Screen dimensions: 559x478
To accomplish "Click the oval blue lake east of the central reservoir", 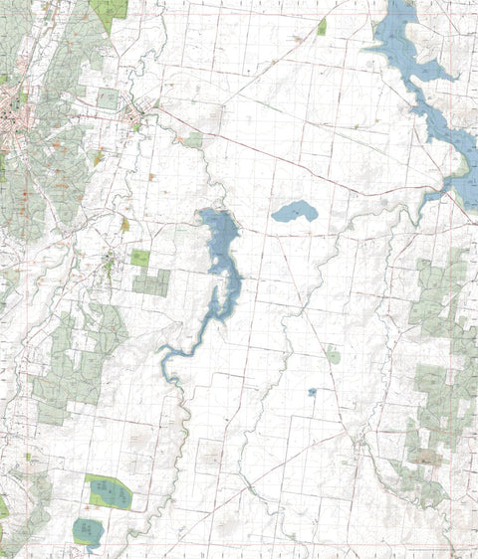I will pyautogui.click(x=295, y=211).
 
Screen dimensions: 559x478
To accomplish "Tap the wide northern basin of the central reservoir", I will pyautogui.click(x=221, y=233).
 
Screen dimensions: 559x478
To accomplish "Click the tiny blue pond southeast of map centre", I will pyautogui.click(x=312, y=392).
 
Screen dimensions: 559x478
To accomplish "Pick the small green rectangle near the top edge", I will pyautogui.click(x=322, y=26).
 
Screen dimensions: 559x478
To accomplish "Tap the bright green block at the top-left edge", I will pyautogui.click(x=110, y=9).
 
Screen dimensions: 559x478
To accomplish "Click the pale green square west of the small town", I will pyautogui.click(x=108, y=98).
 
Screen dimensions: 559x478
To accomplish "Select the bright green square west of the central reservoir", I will pyautogui.click(x=140, y=259).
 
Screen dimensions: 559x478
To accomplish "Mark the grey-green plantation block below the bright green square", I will pyautogui.click(x=151, y=283).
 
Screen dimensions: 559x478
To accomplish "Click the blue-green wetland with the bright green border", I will pyautogui.click(x=109, y=491).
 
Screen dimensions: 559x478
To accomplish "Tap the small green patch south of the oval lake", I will pyautogui.click(x=334, y=355).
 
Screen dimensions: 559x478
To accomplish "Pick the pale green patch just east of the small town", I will pyautogui.click(x=192, y=140).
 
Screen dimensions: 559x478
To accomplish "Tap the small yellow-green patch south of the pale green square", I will pyautogui.click(x=99, y=157).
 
